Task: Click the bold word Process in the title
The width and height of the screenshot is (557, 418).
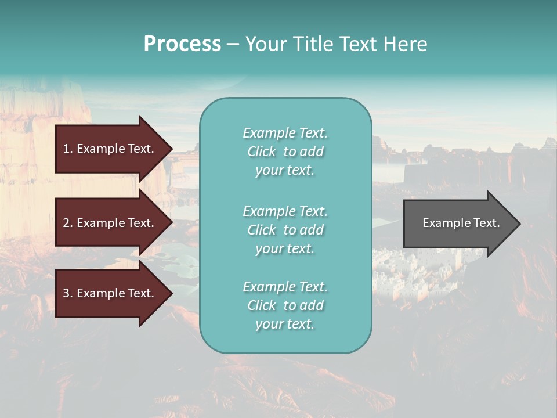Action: [182, 44]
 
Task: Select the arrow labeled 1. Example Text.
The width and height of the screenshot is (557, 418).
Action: [109, 149]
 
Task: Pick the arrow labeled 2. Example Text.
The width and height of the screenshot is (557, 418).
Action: [109, 223]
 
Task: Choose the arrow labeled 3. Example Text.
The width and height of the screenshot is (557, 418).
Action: [109, 293]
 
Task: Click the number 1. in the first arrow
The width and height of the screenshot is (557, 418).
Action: [68, 149]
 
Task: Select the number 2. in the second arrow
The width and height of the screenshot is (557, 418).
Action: [68, 223]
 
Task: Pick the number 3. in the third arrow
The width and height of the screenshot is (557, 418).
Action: [68, 293]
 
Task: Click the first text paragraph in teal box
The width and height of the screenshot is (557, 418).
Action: [285, 152]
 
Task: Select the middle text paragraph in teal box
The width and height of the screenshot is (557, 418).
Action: [285, 230]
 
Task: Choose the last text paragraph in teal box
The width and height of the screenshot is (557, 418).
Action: [285, 305]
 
